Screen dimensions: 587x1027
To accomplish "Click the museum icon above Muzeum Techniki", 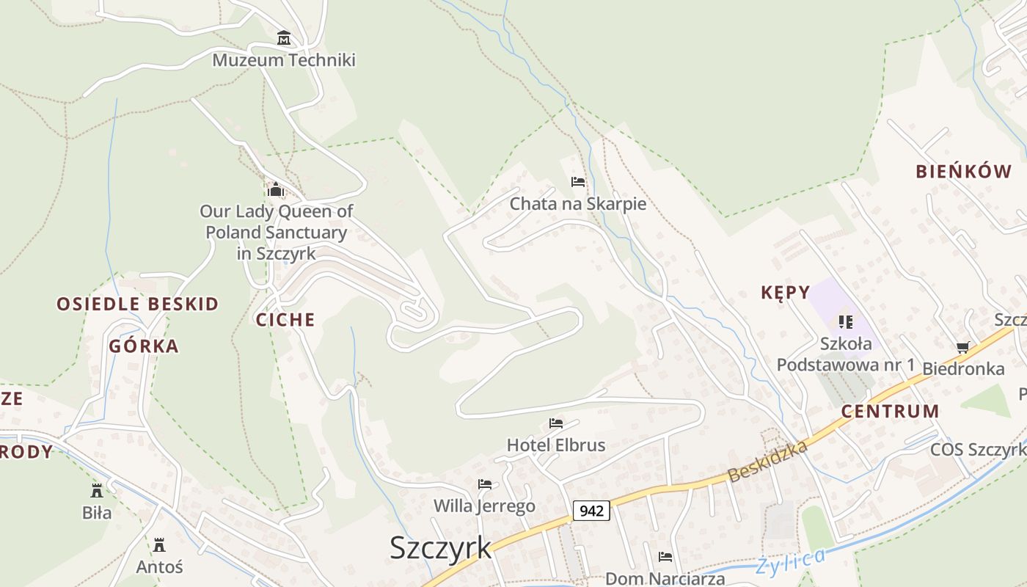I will coord(284,38).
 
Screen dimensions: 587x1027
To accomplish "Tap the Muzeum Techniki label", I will coord(284,60).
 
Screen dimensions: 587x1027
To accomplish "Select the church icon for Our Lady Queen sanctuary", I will coord(276,190).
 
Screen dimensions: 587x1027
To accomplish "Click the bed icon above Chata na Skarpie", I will coord(578,182).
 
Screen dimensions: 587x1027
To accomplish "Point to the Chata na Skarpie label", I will coord(578,204).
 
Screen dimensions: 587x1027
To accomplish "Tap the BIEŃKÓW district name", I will coord(963,172).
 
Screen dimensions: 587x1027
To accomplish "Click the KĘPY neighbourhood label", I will coord(785,293).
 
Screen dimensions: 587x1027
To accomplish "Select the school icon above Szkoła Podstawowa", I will coord(846,321).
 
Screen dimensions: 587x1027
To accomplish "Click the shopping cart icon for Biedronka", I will coord(962,347).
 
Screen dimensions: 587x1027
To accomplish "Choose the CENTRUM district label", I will coord(890,412).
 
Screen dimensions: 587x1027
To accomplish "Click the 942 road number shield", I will coord(591,511).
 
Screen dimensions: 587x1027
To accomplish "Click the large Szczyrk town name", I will coord(440,548).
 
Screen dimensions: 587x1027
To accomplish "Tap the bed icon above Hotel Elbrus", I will coord(556,423).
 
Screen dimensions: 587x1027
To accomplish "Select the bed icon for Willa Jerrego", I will coord(485,484).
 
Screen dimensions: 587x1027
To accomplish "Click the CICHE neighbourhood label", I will coord(285,320).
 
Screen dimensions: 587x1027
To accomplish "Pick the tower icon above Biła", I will coord(97,491).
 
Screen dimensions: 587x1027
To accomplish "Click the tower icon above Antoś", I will coord(159,545).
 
